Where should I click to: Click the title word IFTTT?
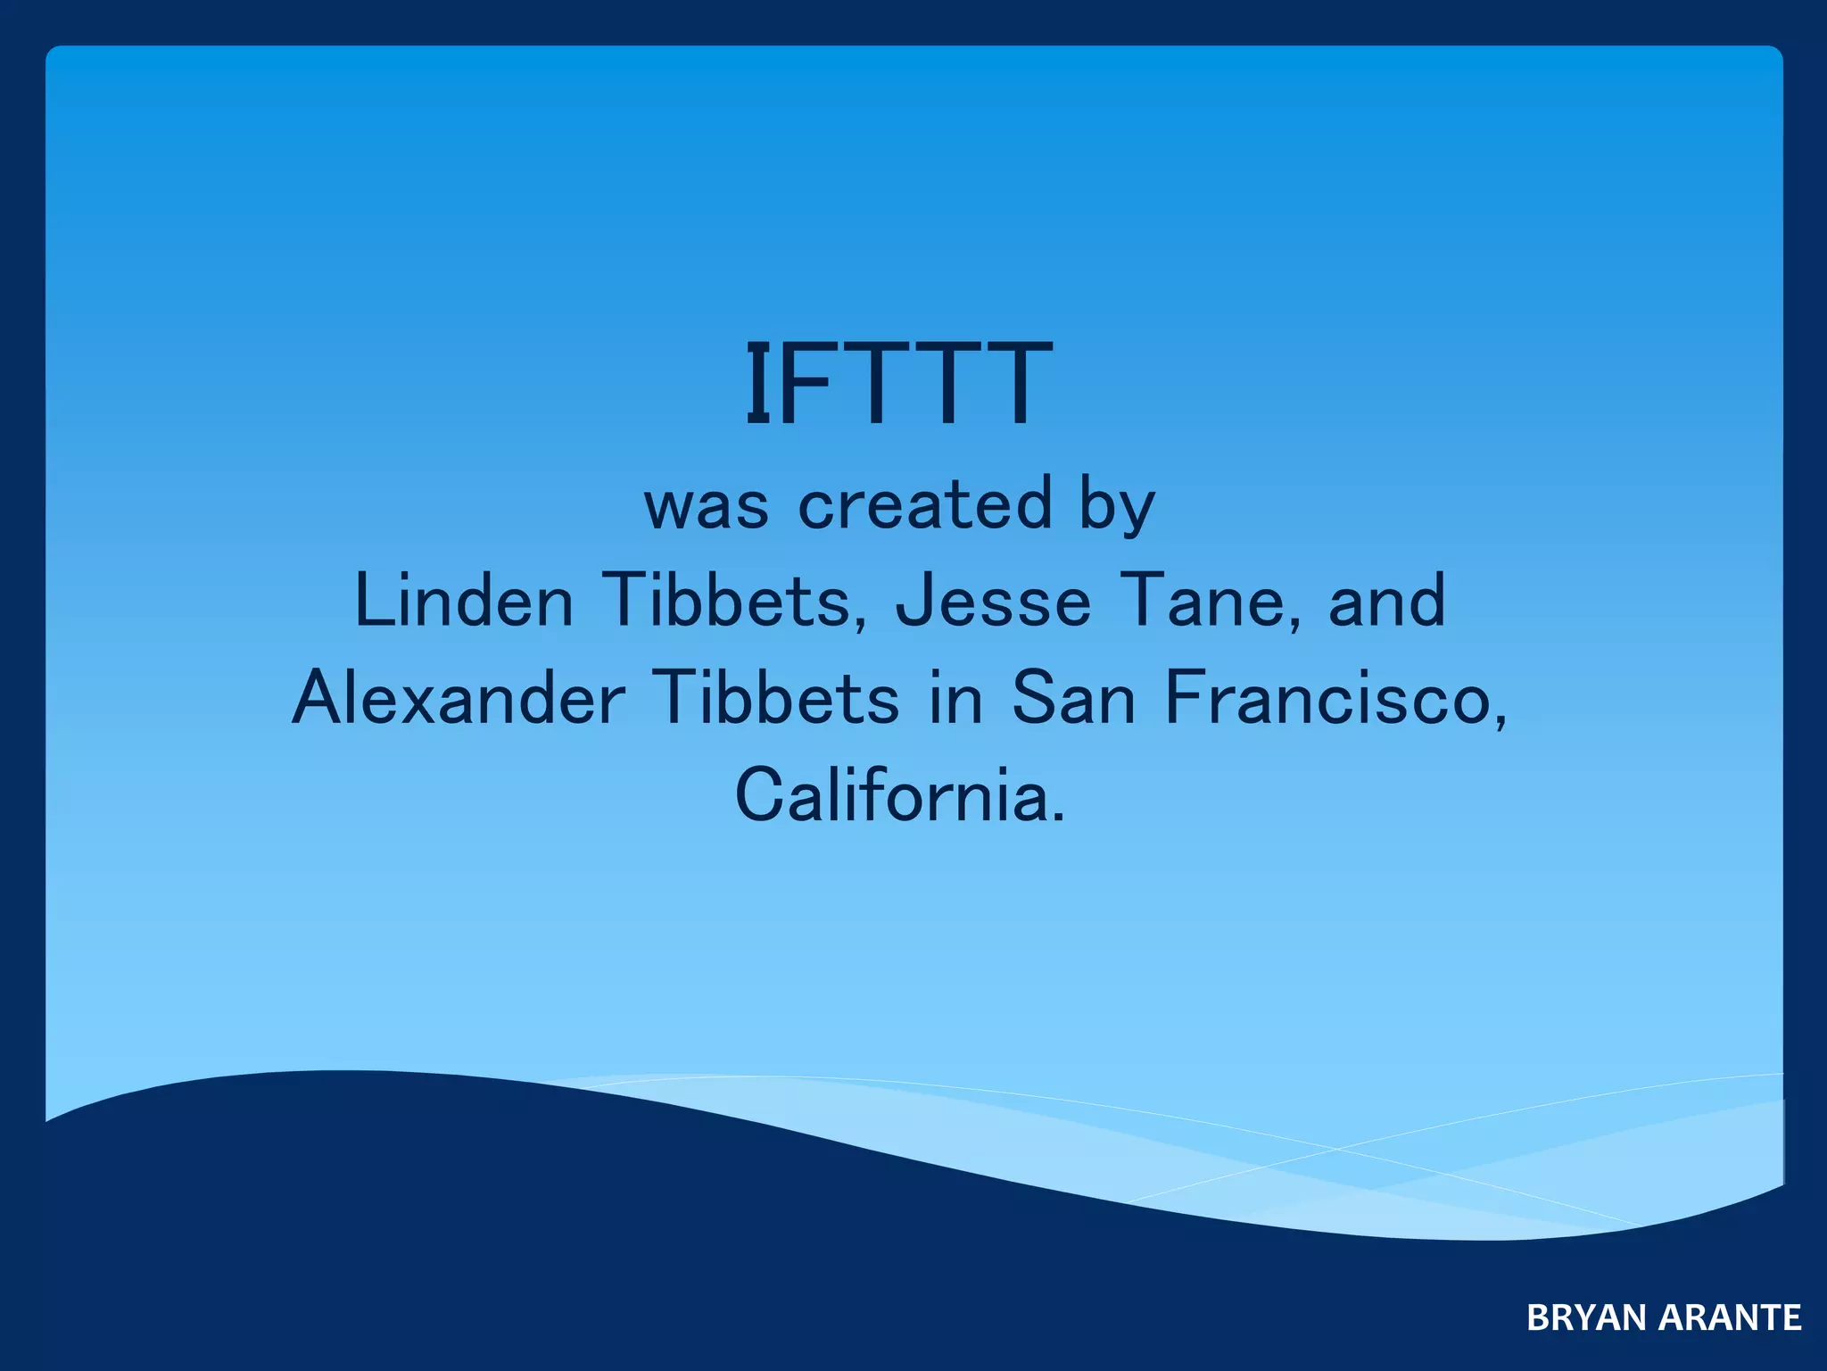point(898,385)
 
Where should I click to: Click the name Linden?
point(464,601)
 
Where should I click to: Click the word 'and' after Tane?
point(1386,601)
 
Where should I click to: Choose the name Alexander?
point(459,698)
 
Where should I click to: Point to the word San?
point(1074,698)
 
